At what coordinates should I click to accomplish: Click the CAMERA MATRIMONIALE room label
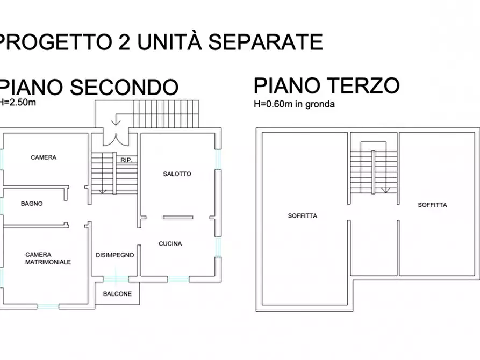[x=48, y=258]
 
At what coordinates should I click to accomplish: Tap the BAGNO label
[x=32, y=204]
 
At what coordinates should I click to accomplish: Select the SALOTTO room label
[x=177, y=174]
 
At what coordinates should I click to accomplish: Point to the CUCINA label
[x=170, y=243]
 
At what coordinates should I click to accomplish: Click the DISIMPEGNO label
[x=114, y=255]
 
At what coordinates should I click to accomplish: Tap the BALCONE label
[x=117, y=294]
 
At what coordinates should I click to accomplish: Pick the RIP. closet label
[x=127, y=160]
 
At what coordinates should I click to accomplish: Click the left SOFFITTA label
[x=302, y=216]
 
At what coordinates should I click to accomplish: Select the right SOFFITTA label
[x=432, y=205]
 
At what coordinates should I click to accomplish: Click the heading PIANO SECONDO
[x=89, y=87]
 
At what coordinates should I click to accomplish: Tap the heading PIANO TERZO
[x=326, y=85]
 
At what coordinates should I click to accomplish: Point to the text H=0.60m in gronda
[x=294, y=104]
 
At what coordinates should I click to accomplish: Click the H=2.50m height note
[x=18, y=101]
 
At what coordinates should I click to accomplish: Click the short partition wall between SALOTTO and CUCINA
[x=177, y=217]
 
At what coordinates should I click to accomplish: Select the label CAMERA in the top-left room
[x=44, y=157]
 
